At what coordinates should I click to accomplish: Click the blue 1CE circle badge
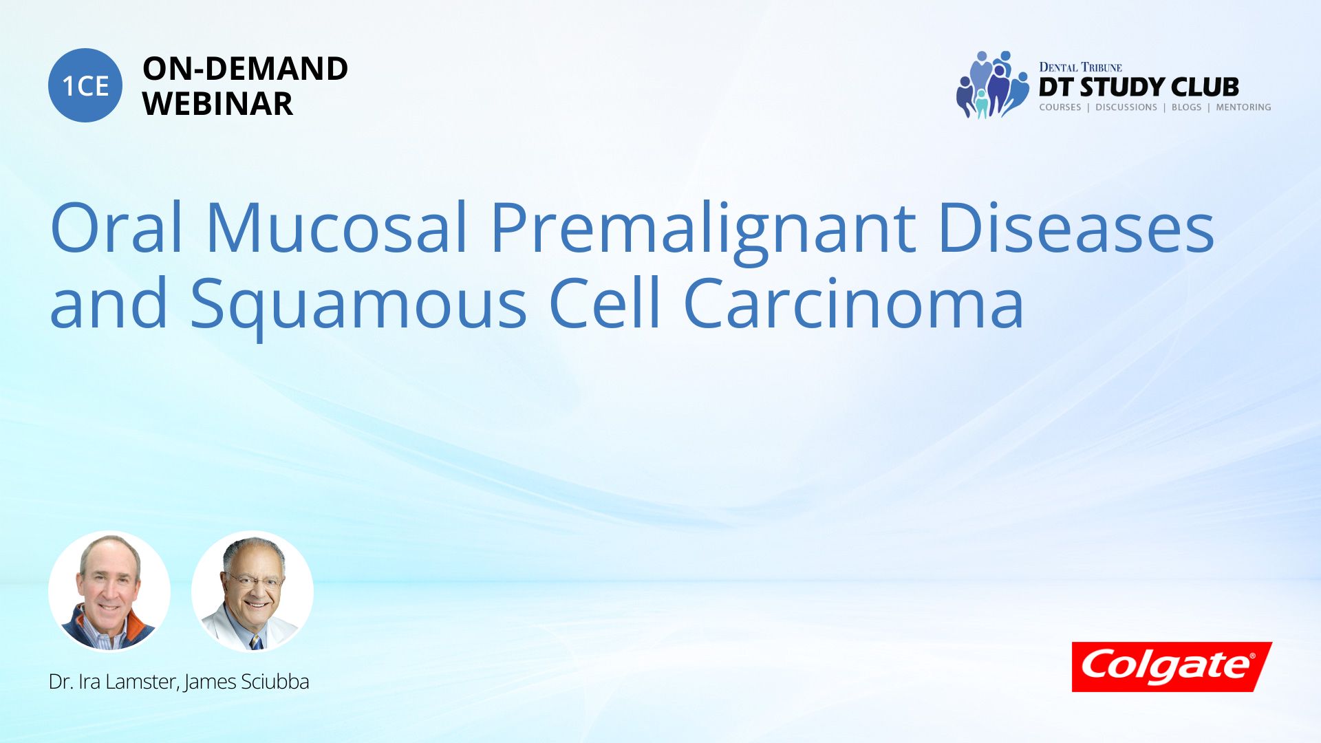(x=85, y=85)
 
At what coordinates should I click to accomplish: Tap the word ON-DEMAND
(x=245, y=69)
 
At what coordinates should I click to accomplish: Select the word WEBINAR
(x=217, y=104)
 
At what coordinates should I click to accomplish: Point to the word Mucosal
(x=337, y=228)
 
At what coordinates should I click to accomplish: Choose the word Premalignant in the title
(x=702, y=230)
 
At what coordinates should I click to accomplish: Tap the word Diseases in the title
(x=1076, y=228)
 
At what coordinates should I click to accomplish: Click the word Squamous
(x=358, y=306)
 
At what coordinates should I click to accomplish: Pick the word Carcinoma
(x=854, y=303)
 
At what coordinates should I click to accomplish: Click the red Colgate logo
(x=1172, y=667)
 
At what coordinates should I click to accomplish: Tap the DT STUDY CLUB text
(x=1139, y=87)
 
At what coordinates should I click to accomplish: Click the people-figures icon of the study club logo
(x=991, y=85)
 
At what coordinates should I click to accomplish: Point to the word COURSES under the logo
(x=1060, y=107)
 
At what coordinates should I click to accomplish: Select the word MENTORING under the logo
(x=1243, y=107)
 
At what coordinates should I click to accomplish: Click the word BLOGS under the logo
(x=1186, y=107)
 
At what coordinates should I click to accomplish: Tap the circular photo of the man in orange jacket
(x=109, y=591)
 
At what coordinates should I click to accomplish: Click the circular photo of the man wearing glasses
(x=253, y=591)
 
